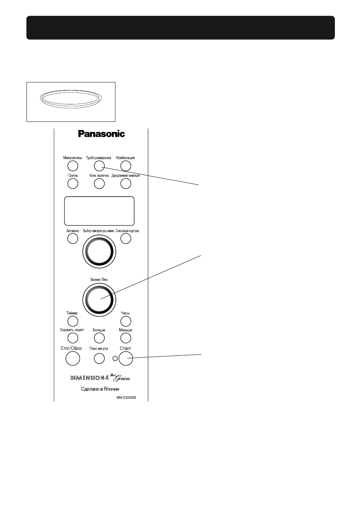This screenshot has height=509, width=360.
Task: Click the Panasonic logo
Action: (x=101, y=133)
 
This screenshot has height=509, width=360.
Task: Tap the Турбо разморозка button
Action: (x=99, y=165)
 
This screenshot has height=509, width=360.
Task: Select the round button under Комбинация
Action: (x=126, y=165)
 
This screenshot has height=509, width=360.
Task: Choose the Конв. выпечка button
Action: (x=99, y=183)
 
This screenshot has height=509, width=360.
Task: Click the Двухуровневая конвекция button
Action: (x=126, y=183)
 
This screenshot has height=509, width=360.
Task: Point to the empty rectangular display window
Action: (x=99, y=211)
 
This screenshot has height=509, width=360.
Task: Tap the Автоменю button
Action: (x=73, y=238)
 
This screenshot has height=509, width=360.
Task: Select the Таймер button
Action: (x=73, y=321)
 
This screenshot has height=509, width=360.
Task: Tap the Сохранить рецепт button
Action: (x=73, y=338)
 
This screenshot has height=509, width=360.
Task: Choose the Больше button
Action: (x=99, y=338)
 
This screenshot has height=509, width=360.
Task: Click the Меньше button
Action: (x=126, y=338)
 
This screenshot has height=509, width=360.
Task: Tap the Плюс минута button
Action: (x=99, y=358)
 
